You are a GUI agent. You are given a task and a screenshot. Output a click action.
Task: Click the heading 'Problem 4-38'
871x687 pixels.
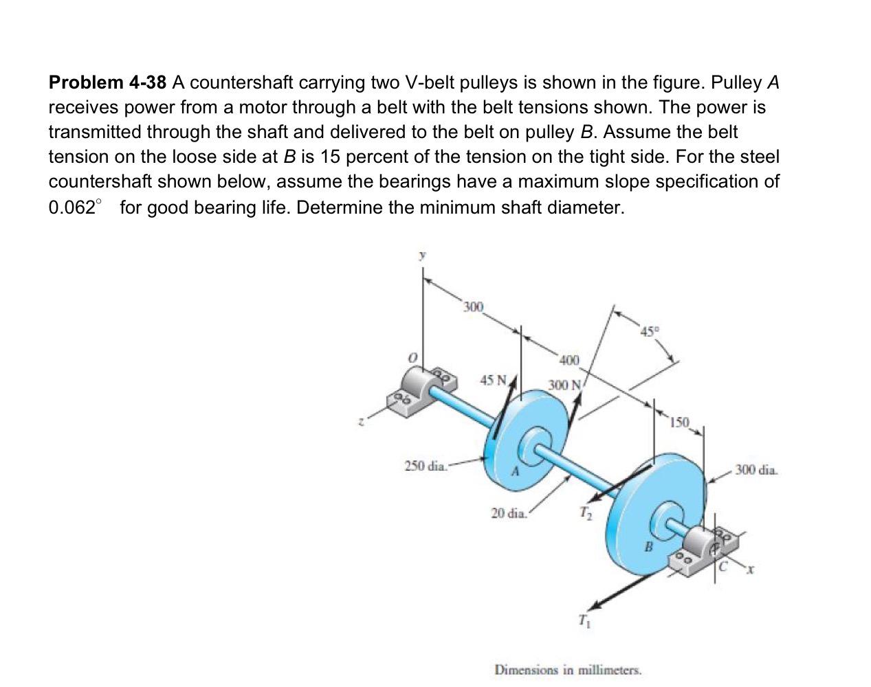point(107,83)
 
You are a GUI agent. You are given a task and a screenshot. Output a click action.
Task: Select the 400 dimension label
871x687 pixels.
point(569,360)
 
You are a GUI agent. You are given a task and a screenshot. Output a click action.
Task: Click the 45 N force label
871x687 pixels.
point(494,380)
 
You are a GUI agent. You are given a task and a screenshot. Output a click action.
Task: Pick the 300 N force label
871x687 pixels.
point(565,385)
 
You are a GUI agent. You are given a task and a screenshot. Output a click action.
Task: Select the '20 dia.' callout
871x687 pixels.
point(509,513)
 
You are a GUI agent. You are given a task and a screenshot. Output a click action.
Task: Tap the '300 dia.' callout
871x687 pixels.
point(757,471)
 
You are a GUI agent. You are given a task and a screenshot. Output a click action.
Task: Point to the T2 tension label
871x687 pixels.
point(584,513)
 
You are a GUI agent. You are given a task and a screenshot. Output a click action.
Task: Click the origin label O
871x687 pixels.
point(412,359)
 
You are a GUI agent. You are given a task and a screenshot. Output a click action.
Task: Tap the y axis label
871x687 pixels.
point(423,254)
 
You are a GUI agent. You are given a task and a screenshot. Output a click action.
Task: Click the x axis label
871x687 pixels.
point(752,569)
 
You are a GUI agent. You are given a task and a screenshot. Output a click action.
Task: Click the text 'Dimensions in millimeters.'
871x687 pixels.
point(568,669)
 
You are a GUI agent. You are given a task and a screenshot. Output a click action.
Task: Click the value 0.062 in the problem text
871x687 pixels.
point(71,207)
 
